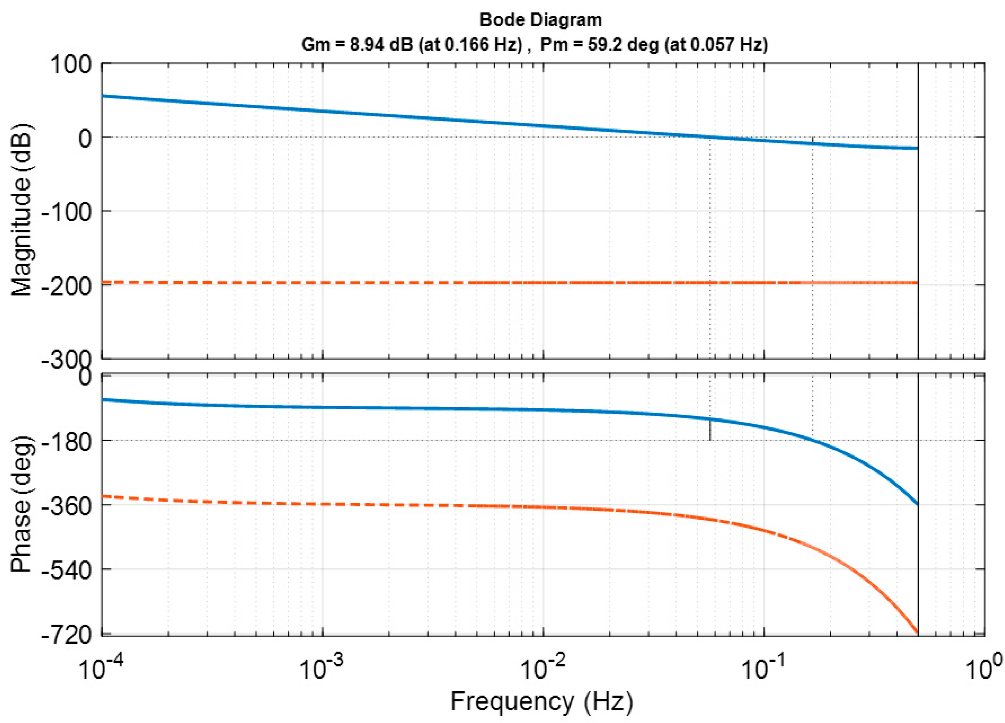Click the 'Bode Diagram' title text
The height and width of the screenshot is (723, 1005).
coord(541,20)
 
